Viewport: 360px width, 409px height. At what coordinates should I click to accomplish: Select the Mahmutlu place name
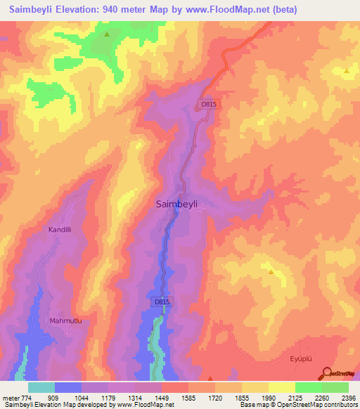pos(66,321)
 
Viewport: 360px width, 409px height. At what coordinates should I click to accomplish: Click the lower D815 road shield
pos(162,301)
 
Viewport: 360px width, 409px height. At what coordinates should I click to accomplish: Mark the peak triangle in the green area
pos(107,34)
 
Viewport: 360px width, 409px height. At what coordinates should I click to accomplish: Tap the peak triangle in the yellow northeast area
pos(347,71)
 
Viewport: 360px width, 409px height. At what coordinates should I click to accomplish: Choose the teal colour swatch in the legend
pos(41,387)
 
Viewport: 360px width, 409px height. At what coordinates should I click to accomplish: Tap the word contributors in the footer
pos(340,405)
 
